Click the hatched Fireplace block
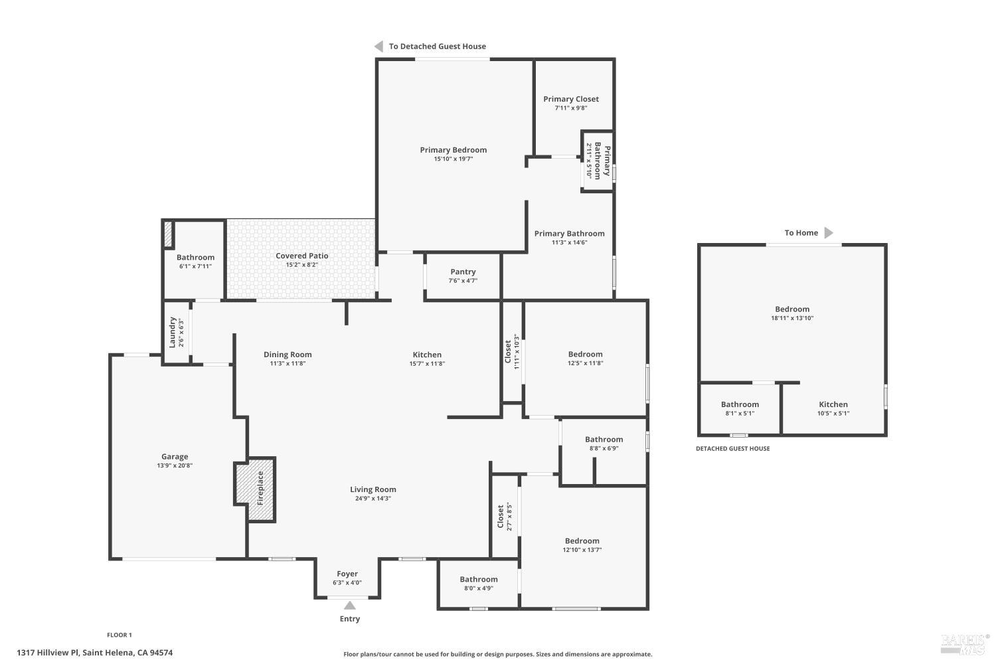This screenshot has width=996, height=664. (x=255, y=489)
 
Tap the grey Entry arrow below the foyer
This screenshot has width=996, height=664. (x=349, y=606)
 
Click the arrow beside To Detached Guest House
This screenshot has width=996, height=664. (x=379, y=46)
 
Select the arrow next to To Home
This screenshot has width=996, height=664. (x=829, y=232)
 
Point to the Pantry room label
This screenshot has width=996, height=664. (x=463, y=272)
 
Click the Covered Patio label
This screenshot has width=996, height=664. (x=302, y=256)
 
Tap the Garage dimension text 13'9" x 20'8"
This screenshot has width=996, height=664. (x=175, y=465)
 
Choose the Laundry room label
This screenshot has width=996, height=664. (x=173, y=332)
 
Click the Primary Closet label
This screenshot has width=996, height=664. (x=571, y=99)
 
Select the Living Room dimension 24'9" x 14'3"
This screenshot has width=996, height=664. (x=373, y=499)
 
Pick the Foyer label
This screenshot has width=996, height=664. (x=347, y=574)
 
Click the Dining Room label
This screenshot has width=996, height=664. (x=288, y=355)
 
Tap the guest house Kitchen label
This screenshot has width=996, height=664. (x=833, y=404)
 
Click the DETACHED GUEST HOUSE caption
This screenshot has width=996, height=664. (x=733, y=449)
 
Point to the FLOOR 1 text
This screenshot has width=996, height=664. (x=120, y=635)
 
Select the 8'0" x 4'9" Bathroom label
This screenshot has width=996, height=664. (x=479, y=579)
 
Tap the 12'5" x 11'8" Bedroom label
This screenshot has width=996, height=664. (x=585, y=354)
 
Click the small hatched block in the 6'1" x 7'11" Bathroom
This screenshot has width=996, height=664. (x=168, y=234)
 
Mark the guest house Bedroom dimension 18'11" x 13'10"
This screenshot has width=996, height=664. (x=792, y=318)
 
